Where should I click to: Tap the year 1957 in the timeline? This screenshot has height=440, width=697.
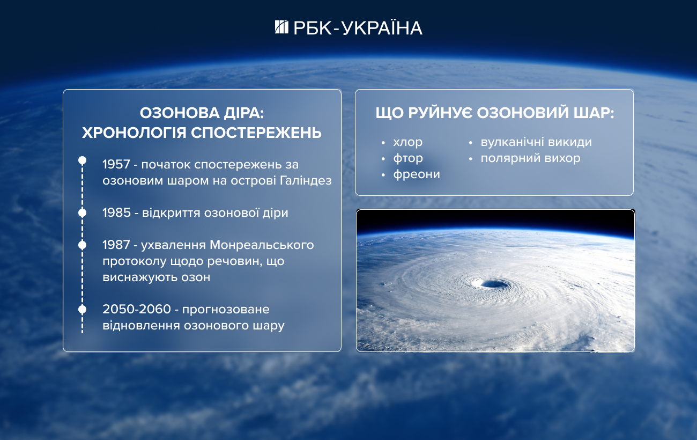pyautogui.click(x=116, y=164)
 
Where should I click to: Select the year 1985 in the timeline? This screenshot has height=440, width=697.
pyautogui.click(x=116, y=212)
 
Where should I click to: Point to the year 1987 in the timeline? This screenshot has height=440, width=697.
pyautogui.click(x=116, y=245)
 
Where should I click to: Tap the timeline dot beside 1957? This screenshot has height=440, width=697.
pyautogui.click(x=83, y=160)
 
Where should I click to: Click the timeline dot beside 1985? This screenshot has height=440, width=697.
pyautogui.click(x=83, y=213)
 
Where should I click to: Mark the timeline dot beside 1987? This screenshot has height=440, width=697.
pyautogui.click(x=83, y=245)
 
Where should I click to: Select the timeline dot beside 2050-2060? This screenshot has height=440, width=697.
pyautogui.click(x=83, y=309)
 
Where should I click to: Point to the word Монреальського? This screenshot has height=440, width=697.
pyautogui.click(x=262, y=245)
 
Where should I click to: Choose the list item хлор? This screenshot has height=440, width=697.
pyautogui.click(x=407, y=142)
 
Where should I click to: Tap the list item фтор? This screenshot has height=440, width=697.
pyautogui.click(x=408, y=158)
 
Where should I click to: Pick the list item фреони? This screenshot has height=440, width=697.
pyautogui.click(x=417, y=174)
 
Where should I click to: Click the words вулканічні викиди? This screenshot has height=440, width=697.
pyautogui.click(x=536, y=142)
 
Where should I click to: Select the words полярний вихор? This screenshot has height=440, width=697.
pyautogui.click(x=530, y=158)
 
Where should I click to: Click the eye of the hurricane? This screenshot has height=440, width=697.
pyautogui.click(x=489, y=283)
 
